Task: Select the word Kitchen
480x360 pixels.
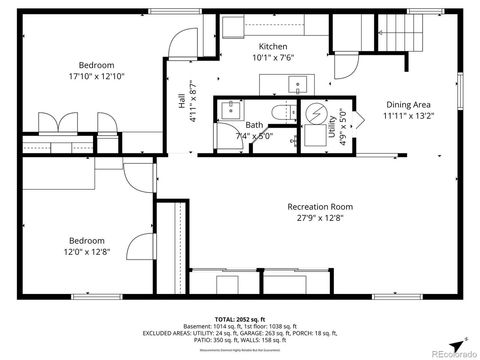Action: coord(273,46)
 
